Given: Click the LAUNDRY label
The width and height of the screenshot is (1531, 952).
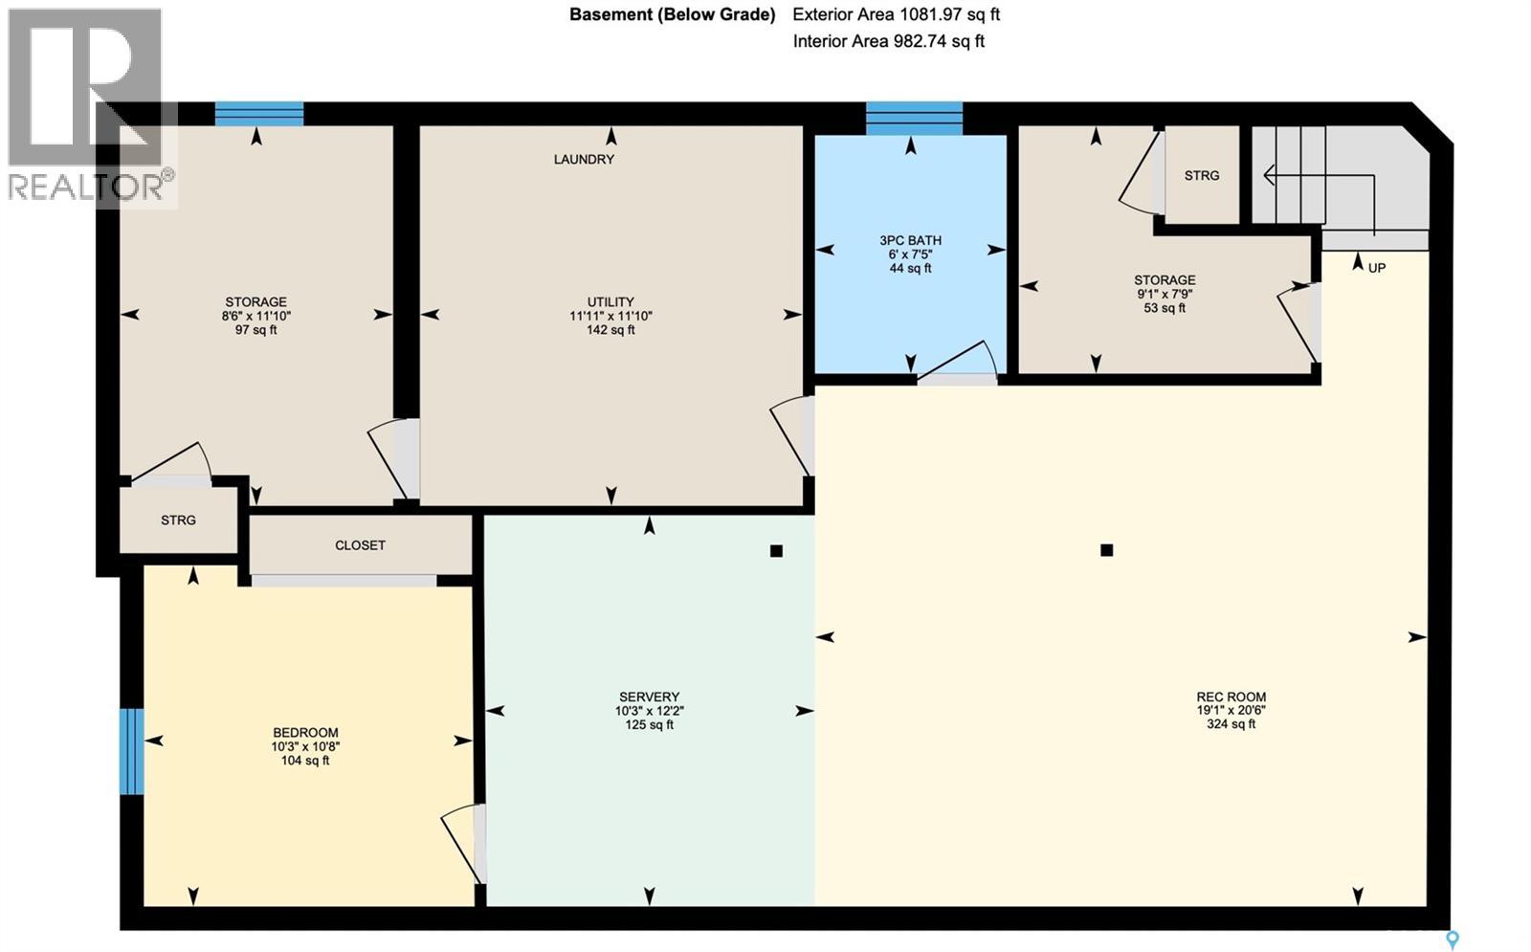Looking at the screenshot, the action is (x=584, y=159).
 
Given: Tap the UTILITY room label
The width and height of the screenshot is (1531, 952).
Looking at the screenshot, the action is (x=610, y=301).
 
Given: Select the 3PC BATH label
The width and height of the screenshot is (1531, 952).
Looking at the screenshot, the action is (x=910, y=240).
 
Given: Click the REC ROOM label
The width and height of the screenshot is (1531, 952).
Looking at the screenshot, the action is (x=1231, y=697).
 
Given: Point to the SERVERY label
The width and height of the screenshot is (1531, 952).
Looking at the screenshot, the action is (x=650, y=697).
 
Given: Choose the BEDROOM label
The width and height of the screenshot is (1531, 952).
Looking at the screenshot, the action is (x=305, y=733).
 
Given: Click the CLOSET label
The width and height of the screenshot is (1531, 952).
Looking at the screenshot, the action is (x=360, y=545).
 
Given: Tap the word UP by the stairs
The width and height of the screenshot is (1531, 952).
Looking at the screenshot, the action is (x=1377, y=268).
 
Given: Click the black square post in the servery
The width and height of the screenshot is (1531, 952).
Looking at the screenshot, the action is (x=776, y=551).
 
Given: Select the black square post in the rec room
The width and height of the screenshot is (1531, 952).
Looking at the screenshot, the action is (x=1107, y=550).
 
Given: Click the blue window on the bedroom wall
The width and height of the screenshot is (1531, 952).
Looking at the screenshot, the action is (x=132, y=752).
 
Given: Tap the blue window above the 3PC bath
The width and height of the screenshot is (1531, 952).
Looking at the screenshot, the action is (x=915, y=119).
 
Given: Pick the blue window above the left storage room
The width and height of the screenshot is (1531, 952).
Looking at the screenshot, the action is (x=259, y=114).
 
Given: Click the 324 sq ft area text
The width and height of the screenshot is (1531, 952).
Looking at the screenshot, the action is (x=1231, y=724).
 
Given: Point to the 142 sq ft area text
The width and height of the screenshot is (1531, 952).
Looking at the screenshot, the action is (x=610, y=330).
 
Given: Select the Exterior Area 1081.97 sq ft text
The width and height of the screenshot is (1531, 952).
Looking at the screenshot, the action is (x=896, y=14).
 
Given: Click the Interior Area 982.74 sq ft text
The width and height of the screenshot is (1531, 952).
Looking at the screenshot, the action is (x=889, y=41).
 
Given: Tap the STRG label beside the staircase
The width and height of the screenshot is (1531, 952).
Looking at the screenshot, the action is (x=1202, y=176).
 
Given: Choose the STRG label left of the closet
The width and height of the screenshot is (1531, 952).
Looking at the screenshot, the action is (x=178, y=520).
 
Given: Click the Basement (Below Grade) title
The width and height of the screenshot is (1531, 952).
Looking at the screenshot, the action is (x=673, y=14).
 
